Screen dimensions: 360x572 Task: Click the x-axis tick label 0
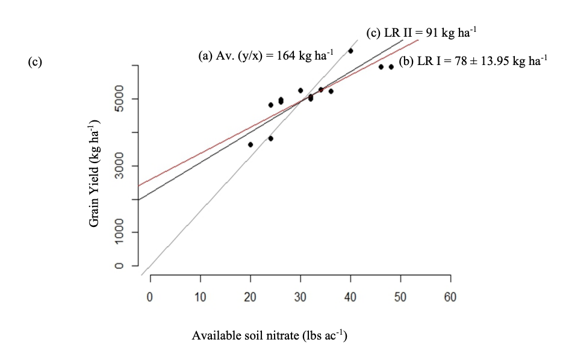click(150, 297)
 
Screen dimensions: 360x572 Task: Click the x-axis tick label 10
click(200, 297)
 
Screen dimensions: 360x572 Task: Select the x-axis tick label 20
click(250, 297)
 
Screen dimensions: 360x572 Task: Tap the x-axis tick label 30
click(300, 297)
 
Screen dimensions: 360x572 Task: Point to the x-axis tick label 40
click(350, 297)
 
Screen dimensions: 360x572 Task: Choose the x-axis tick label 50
click(400, 297)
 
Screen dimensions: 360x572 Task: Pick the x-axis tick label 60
click(450, 297)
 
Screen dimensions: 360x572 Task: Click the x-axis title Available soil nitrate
click(269, 335)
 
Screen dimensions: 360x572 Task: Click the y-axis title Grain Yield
click(95, 173)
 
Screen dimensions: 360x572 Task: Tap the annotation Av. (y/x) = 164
click(266, 56)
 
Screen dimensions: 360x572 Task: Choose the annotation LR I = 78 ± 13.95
click(473, 61)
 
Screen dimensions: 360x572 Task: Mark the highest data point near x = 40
click(350, 51)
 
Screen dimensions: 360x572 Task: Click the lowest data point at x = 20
click(250, 144)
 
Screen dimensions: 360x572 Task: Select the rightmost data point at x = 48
click(391, 67)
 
